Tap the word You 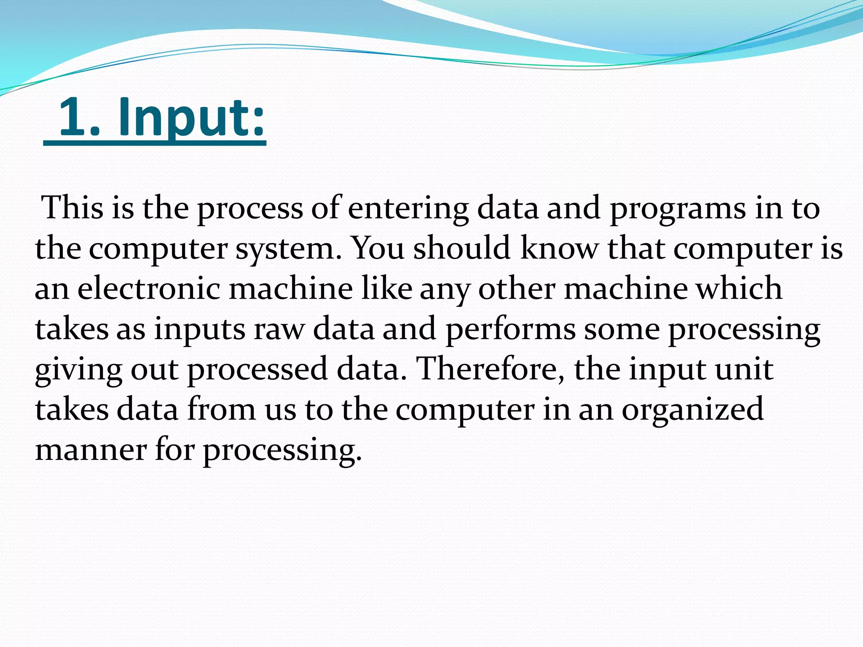pos(378,248)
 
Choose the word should pos(461,248)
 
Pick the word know pos(559,248)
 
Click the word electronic pos(149,289)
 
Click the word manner pos(91,450)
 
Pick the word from pos(221,409)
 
